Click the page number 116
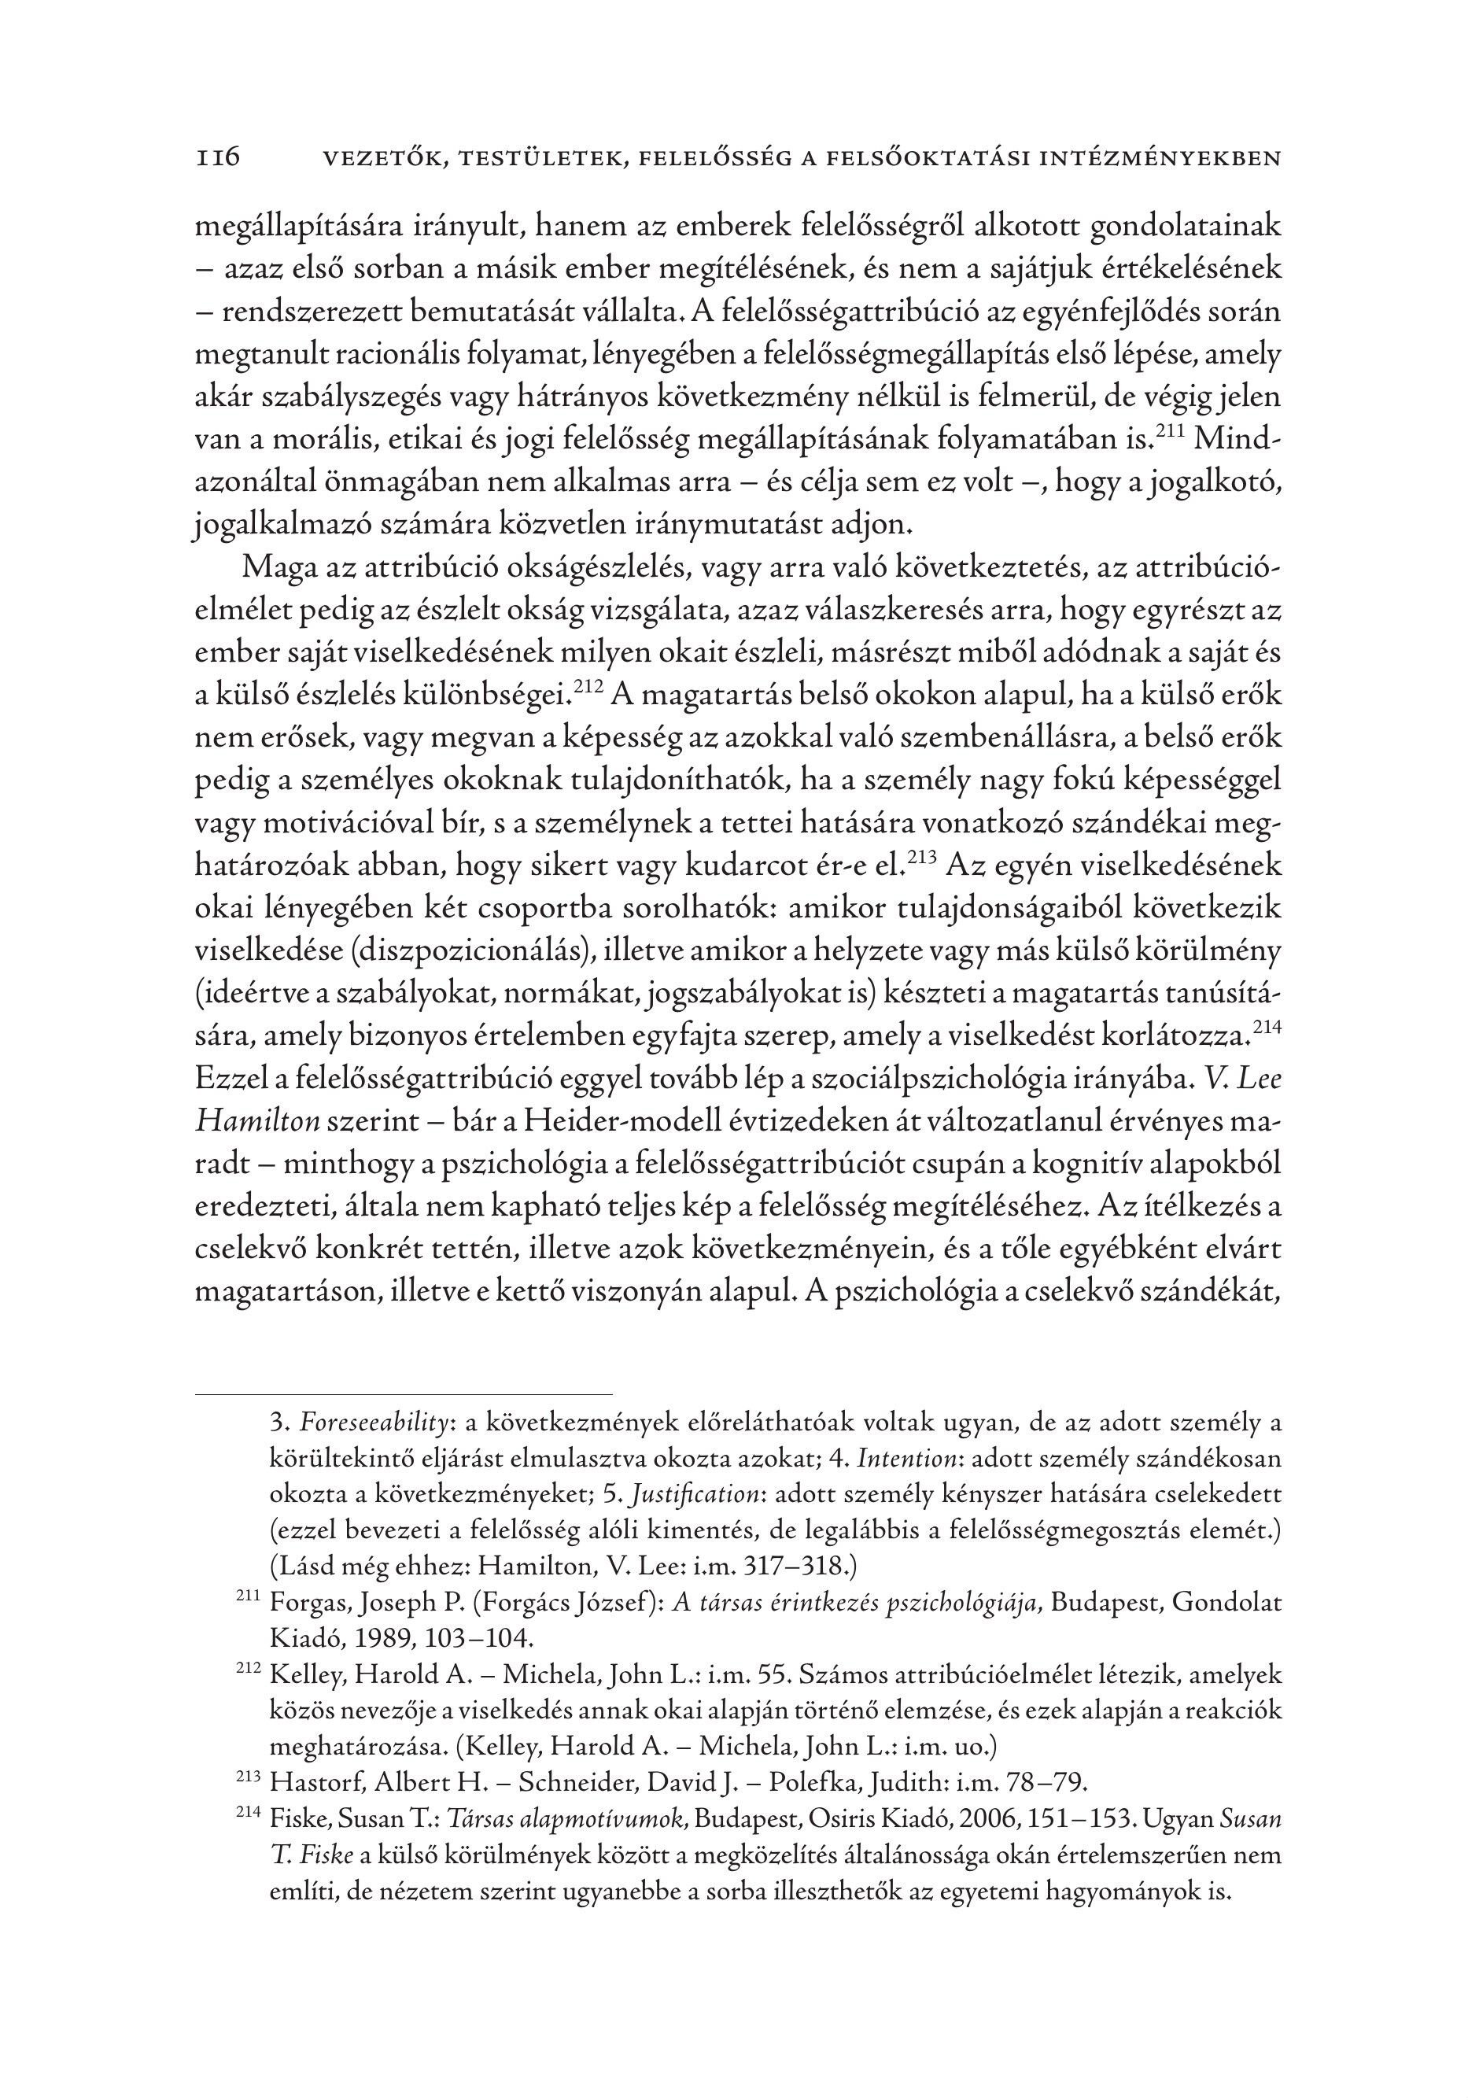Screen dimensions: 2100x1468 click(217, 157)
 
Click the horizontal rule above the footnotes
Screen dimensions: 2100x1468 click(404, 1395)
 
